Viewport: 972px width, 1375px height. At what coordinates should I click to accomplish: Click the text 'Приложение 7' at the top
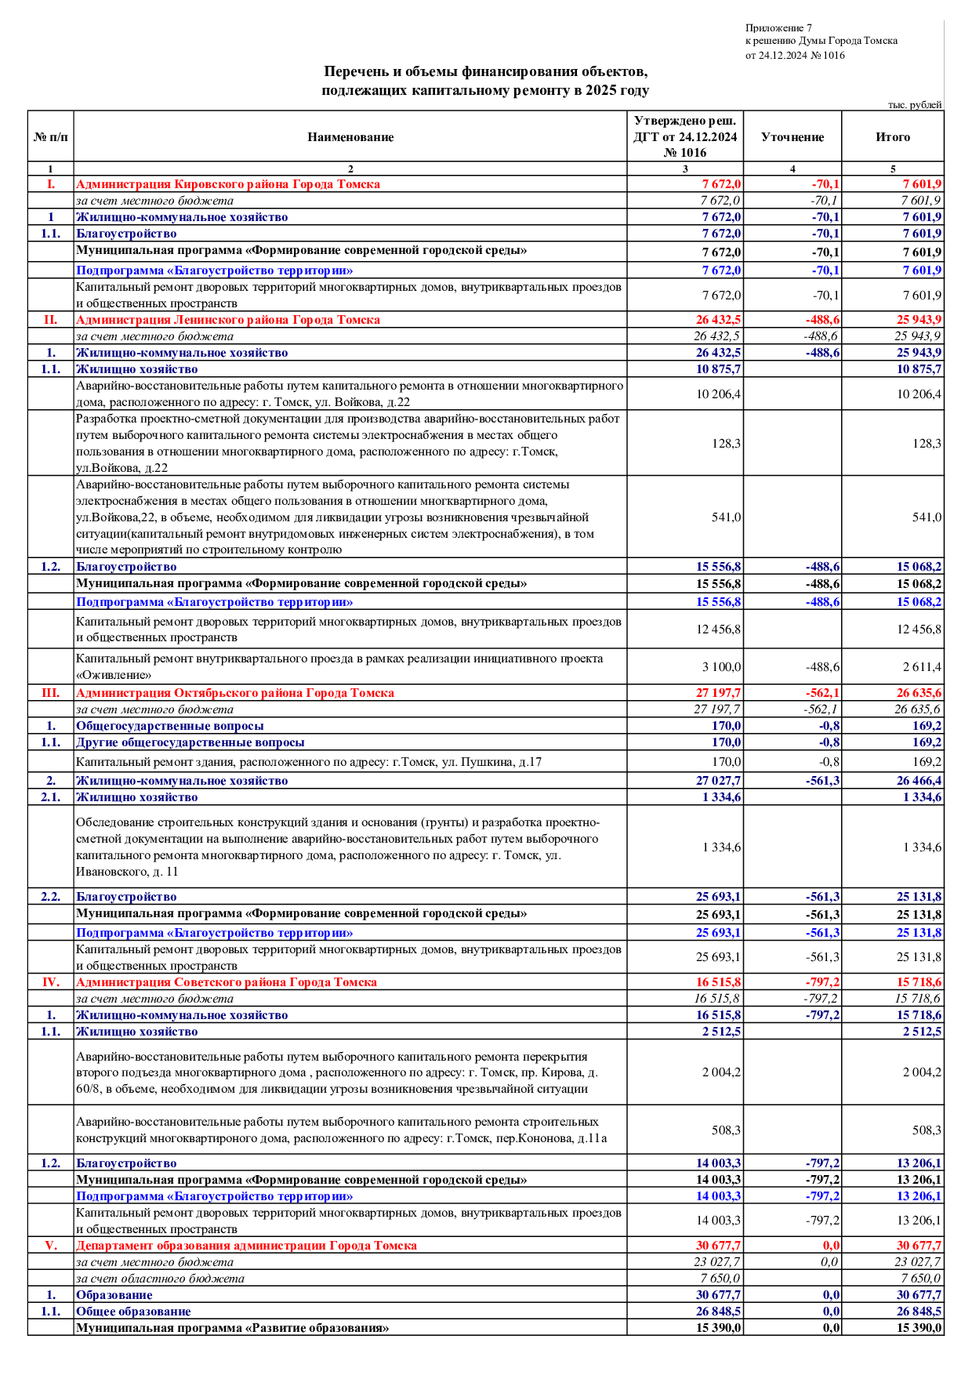click(x=778, y=28)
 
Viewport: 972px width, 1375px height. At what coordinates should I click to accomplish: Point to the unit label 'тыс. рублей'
click(x=915, y=105)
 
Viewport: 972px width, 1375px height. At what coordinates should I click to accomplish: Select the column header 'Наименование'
click(x=350, y=137)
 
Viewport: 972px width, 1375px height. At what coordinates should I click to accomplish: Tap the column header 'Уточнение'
click(x=792, y=137)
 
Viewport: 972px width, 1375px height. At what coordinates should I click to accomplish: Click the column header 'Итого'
click(x=893, y=137)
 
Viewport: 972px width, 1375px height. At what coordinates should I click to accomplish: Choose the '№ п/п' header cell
click(x=51, y=137)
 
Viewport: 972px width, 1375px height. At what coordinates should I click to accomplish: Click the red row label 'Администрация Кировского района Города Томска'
click(x=228, y=184)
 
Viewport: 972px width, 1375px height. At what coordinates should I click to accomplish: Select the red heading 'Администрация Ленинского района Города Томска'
click(x=228, y=320)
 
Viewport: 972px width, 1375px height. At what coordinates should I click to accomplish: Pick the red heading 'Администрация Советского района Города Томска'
click(x=227, y=982)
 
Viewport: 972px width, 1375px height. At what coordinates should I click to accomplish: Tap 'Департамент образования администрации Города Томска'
click(x=246, y=1246)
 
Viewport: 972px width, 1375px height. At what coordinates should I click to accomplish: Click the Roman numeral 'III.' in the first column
click(x=51, y=693)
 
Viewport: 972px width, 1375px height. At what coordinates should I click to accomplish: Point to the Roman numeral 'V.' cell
click(x=51, y=1246)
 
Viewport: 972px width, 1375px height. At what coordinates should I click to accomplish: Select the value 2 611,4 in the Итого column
click(x=922, y=667)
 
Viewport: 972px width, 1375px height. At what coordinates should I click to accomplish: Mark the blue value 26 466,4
click(x=919, y=781)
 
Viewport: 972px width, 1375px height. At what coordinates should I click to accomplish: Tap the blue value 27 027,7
click(x=718, y=781)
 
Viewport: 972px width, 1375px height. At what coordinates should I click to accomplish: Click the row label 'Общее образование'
click(x=133, y=1312)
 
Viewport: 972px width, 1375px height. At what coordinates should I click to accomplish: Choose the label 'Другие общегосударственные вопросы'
click(x=190, y=742)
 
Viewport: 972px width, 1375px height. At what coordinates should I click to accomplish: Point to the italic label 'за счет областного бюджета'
click(x=160, y=1279)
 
